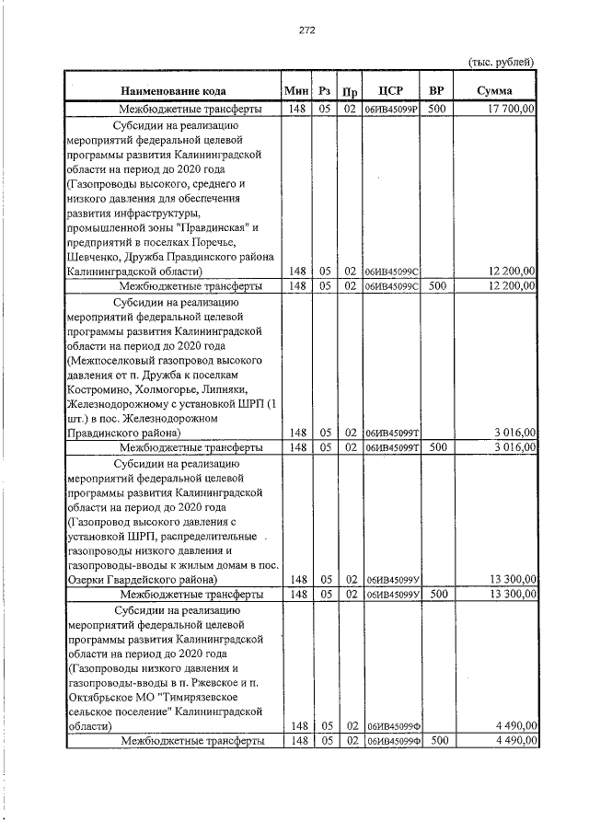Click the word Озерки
point(87,580)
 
